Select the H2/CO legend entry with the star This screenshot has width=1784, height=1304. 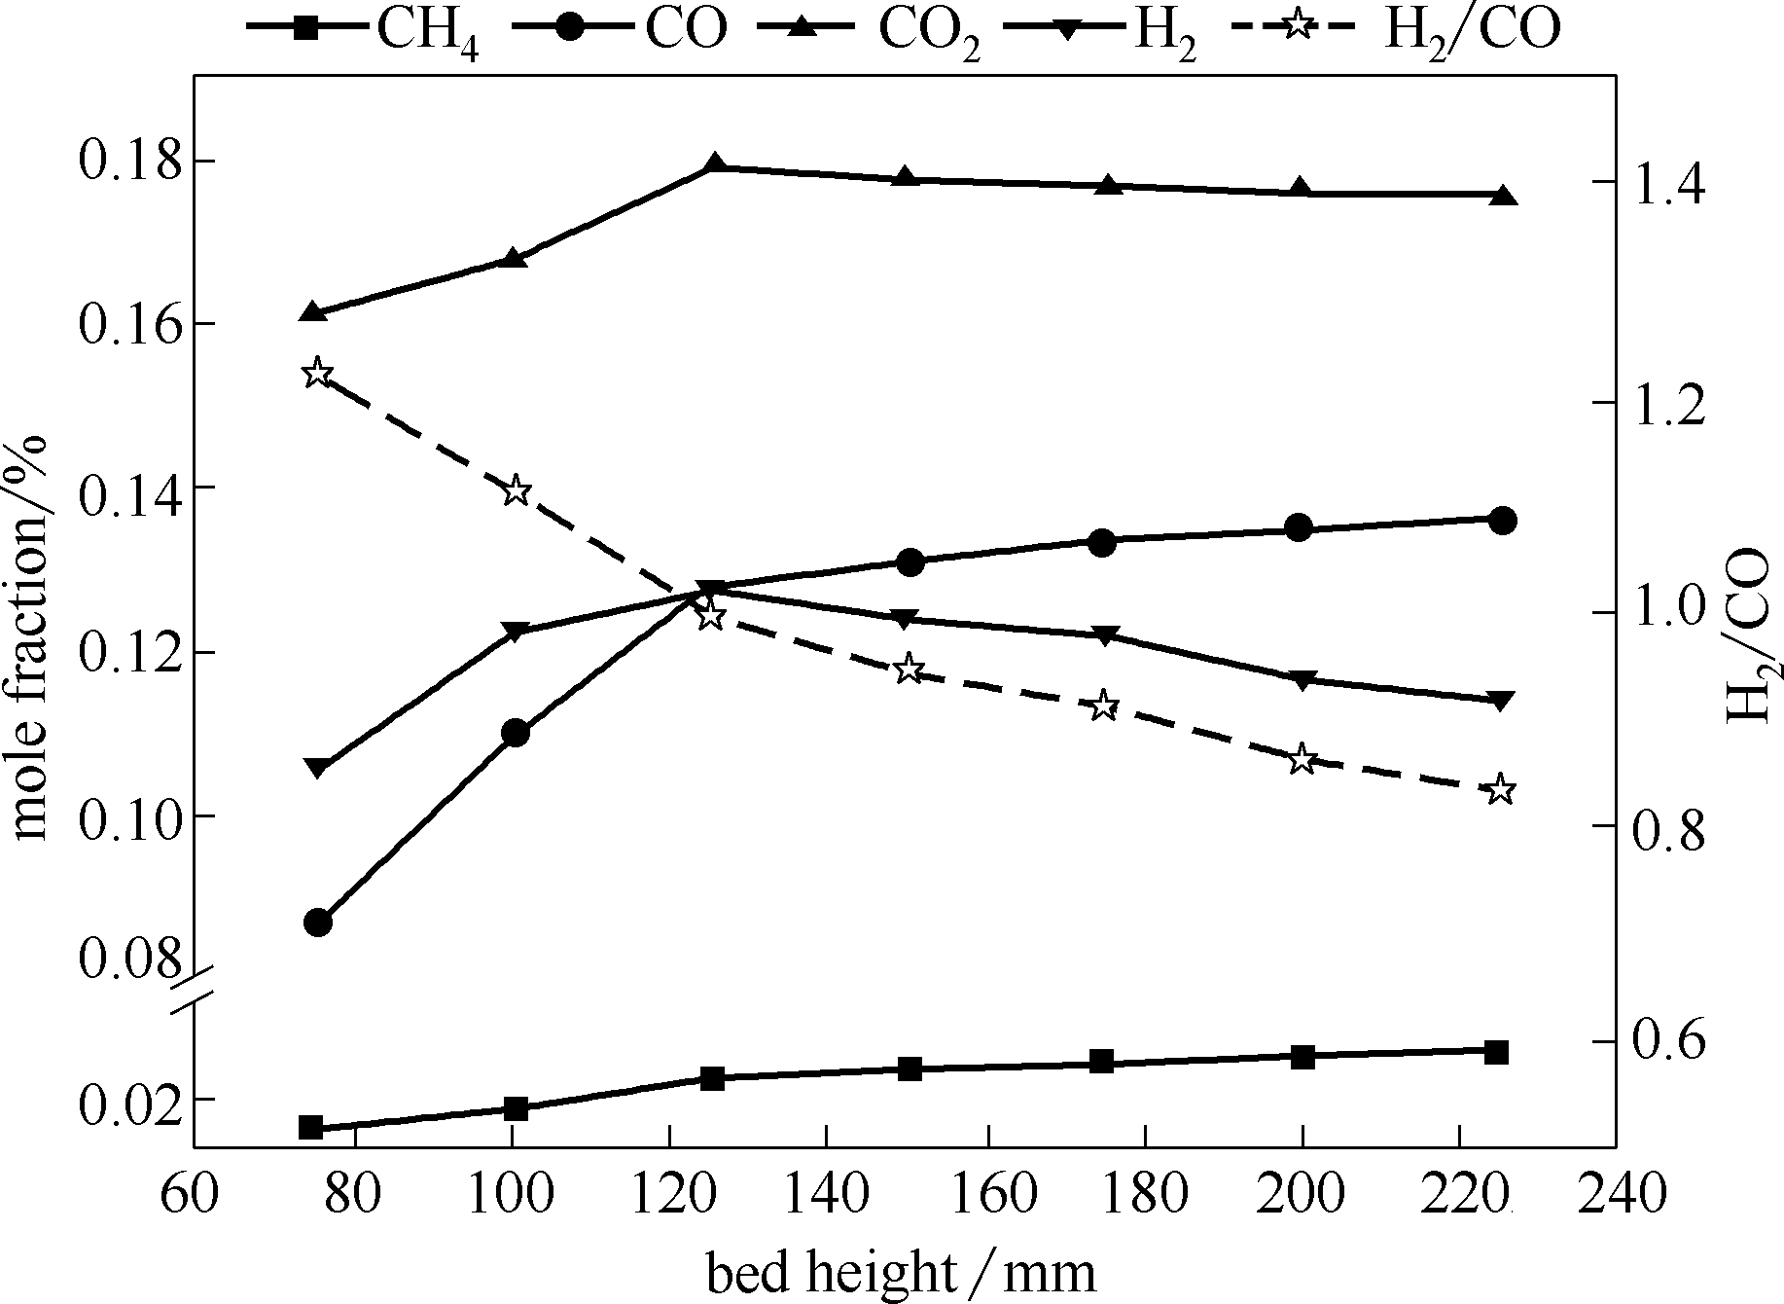[1396, 29]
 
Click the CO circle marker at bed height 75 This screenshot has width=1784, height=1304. [317, 922]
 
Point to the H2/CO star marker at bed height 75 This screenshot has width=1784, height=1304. [317, 374]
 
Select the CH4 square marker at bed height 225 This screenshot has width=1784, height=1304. [1497, 1052]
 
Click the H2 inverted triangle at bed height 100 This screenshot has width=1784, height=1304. [516, 632]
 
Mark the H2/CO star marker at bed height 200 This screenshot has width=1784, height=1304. [1302, 760]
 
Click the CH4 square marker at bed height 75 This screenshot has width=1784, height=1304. [311, 1128]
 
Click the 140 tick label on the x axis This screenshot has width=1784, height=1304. [825, 1194]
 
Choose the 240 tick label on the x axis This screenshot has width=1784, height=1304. [1616, 1194]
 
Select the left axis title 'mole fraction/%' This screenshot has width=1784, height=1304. [31, 637]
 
